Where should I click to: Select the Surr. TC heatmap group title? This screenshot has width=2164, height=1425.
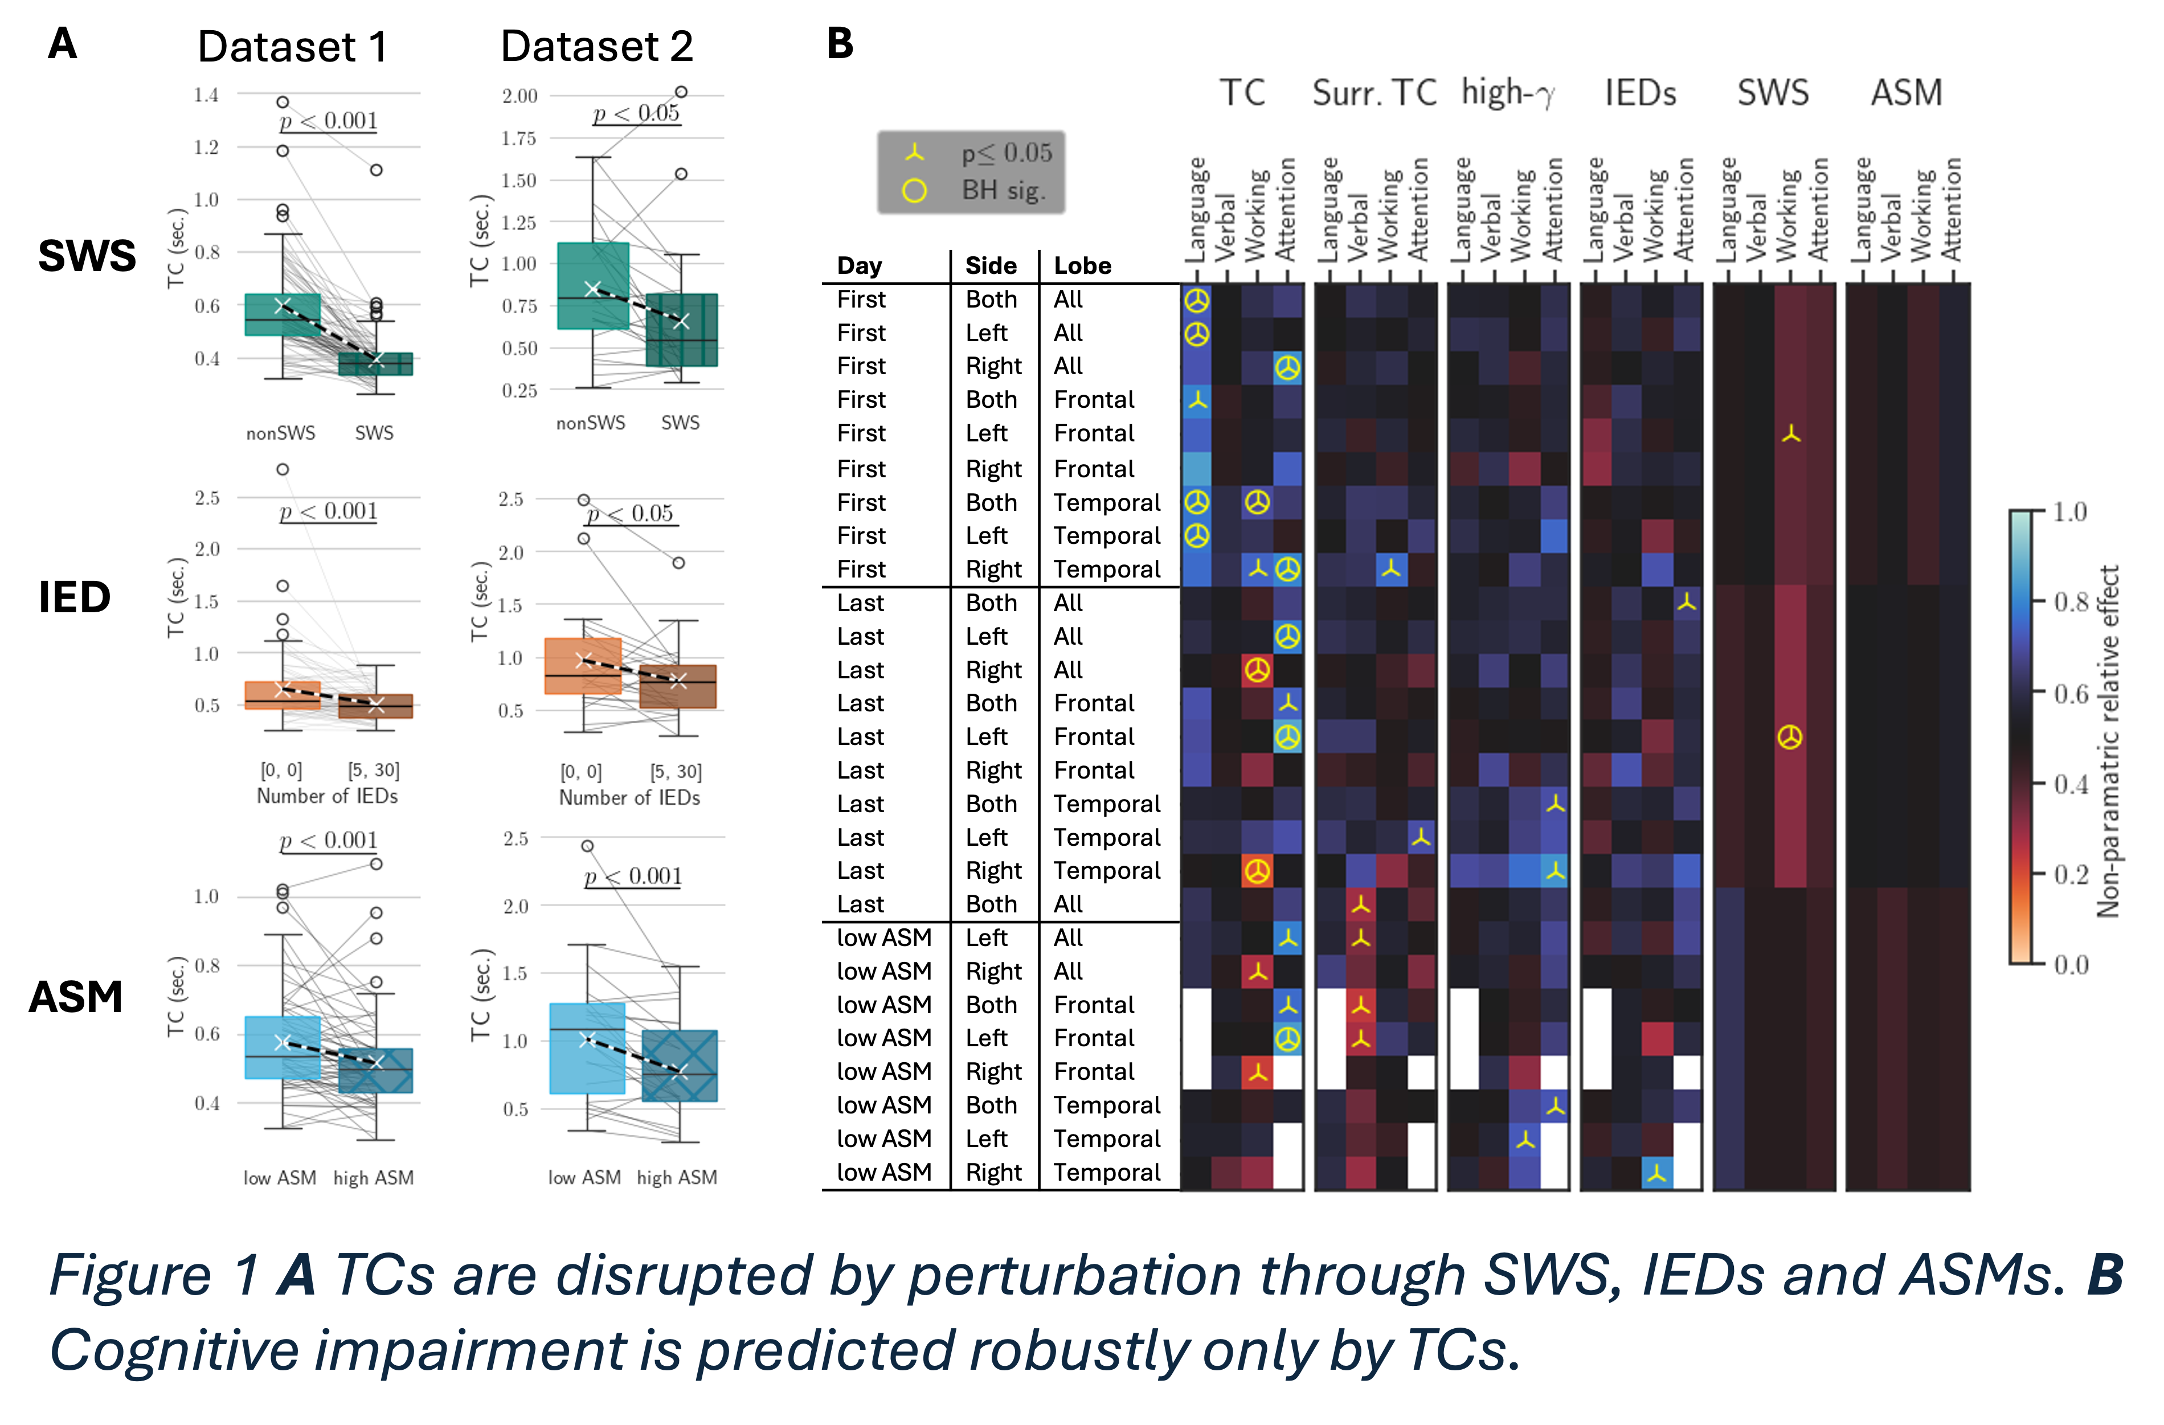coord(1374,93)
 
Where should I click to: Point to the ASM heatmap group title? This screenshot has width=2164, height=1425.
coord(1906,93)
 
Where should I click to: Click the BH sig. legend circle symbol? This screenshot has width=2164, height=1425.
coord(914,191)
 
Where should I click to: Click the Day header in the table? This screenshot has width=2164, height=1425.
coord(859,265)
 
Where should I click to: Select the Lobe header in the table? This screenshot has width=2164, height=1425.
coord(1082,265)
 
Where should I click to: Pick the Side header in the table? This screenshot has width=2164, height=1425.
coord(990,265)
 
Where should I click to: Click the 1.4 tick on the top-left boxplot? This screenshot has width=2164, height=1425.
coord(206,95)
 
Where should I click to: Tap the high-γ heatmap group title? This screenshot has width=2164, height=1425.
coord(1508,93)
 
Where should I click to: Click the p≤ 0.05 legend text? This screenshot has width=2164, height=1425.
coord(1007,153)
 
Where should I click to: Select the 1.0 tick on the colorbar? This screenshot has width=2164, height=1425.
coord(2071,512)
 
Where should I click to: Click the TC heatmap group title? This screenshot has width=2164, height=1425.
coord(1242,93)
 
